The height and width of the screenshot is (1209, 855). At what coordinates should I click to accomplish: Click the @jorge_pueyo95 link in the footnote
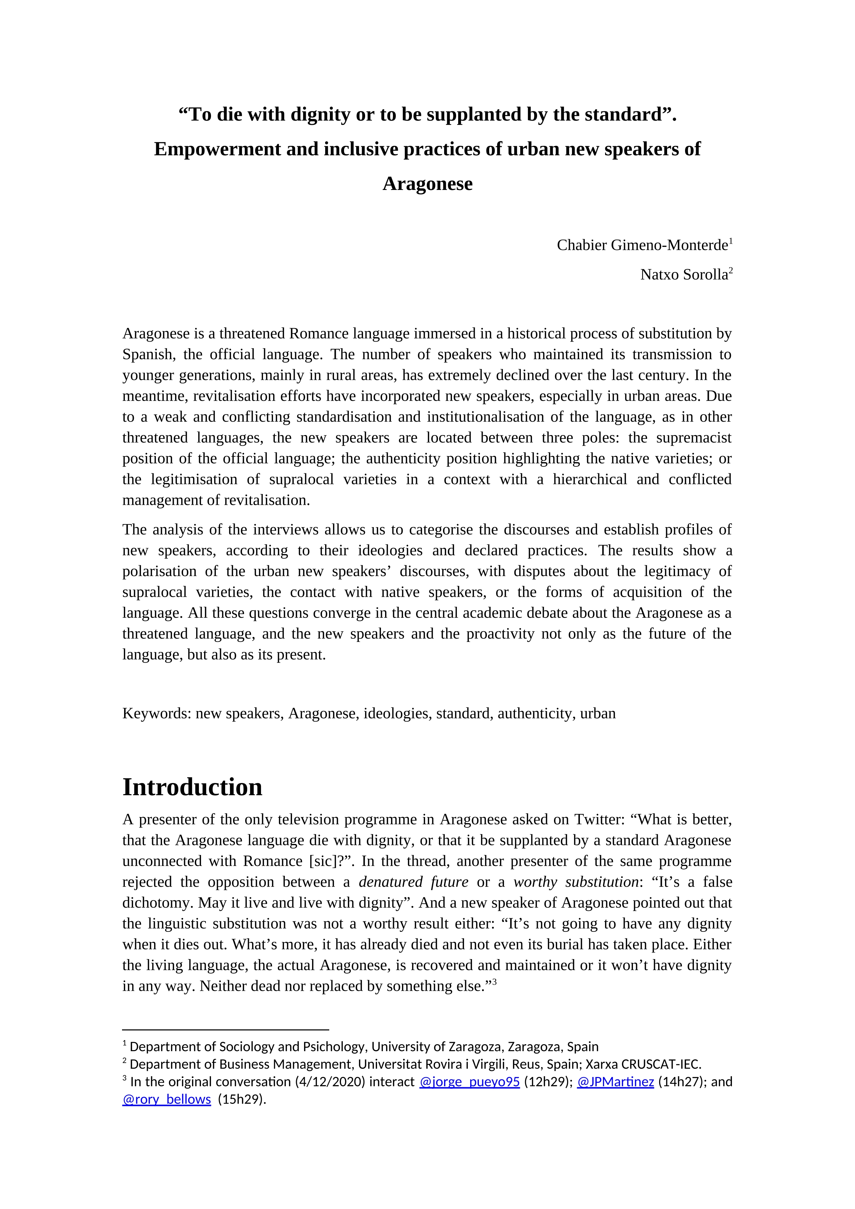coord(469,1082)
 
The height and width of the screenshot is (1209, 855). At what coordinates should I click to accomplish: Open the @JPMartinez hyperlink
coord(615,1082)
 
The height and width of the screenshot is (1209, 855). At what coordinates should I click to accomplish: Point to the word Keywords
coord(156,714)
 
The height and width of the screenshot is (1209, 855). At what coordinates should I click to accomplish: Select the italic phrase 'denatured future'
coord(413,882)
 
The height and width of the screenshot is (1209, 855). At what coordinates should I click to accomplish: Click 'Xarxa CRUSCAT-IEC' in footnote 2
coord(643,1064)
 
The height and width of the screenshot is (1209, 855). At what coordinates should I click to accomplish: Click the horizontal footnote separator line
coord(225,1029)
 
